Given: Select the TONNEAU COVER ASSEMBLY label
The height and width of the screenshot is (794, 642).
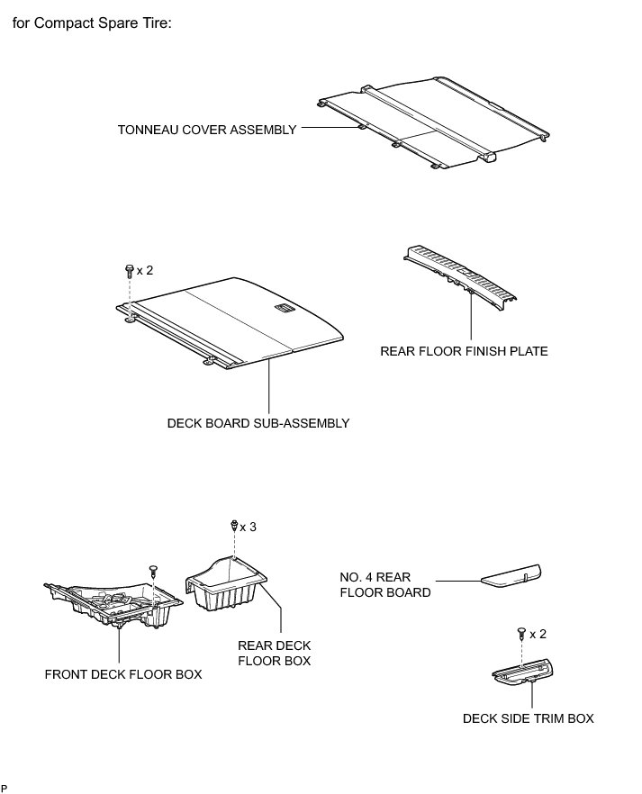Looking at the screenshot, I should point(207,130).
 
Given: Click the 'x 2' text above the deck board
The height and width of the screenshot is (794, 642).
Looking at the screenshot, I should point(145,270).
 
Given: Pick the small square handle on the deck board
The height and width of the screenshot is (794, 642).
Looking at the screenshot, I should point(283,311).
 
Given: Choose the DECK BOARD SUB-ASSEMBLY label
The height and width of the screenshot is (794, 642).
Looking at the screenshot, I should point(258,422).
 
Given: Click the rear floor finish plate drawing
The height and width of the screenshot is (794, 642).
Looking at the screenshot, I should point(460,274).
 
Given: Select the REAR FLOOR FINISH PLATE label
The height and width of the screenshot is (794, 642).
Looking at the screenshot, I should point(464,351).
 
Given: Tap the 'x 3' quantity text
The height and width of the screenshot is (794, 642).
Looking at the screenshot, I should point(248,527).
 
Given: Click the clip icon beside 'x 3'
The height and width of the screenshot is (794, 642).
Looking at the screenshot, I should point(234,525).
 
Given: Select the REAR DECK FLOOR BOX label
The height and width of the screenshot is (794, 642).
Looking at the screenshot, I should point(275,653).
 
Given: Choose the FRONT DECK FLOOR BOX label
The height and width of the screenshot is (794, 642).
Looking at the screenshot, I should point(123,674).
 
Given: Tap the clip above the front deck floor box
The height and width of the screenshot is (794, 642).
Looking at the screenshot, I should point(152,569).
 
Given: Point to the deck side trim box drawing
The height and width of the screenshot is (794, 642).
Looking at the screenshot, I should point(525,671).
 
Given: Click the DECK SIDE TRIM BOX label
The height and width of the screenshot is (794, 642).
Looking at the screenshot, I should point(529,718).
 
